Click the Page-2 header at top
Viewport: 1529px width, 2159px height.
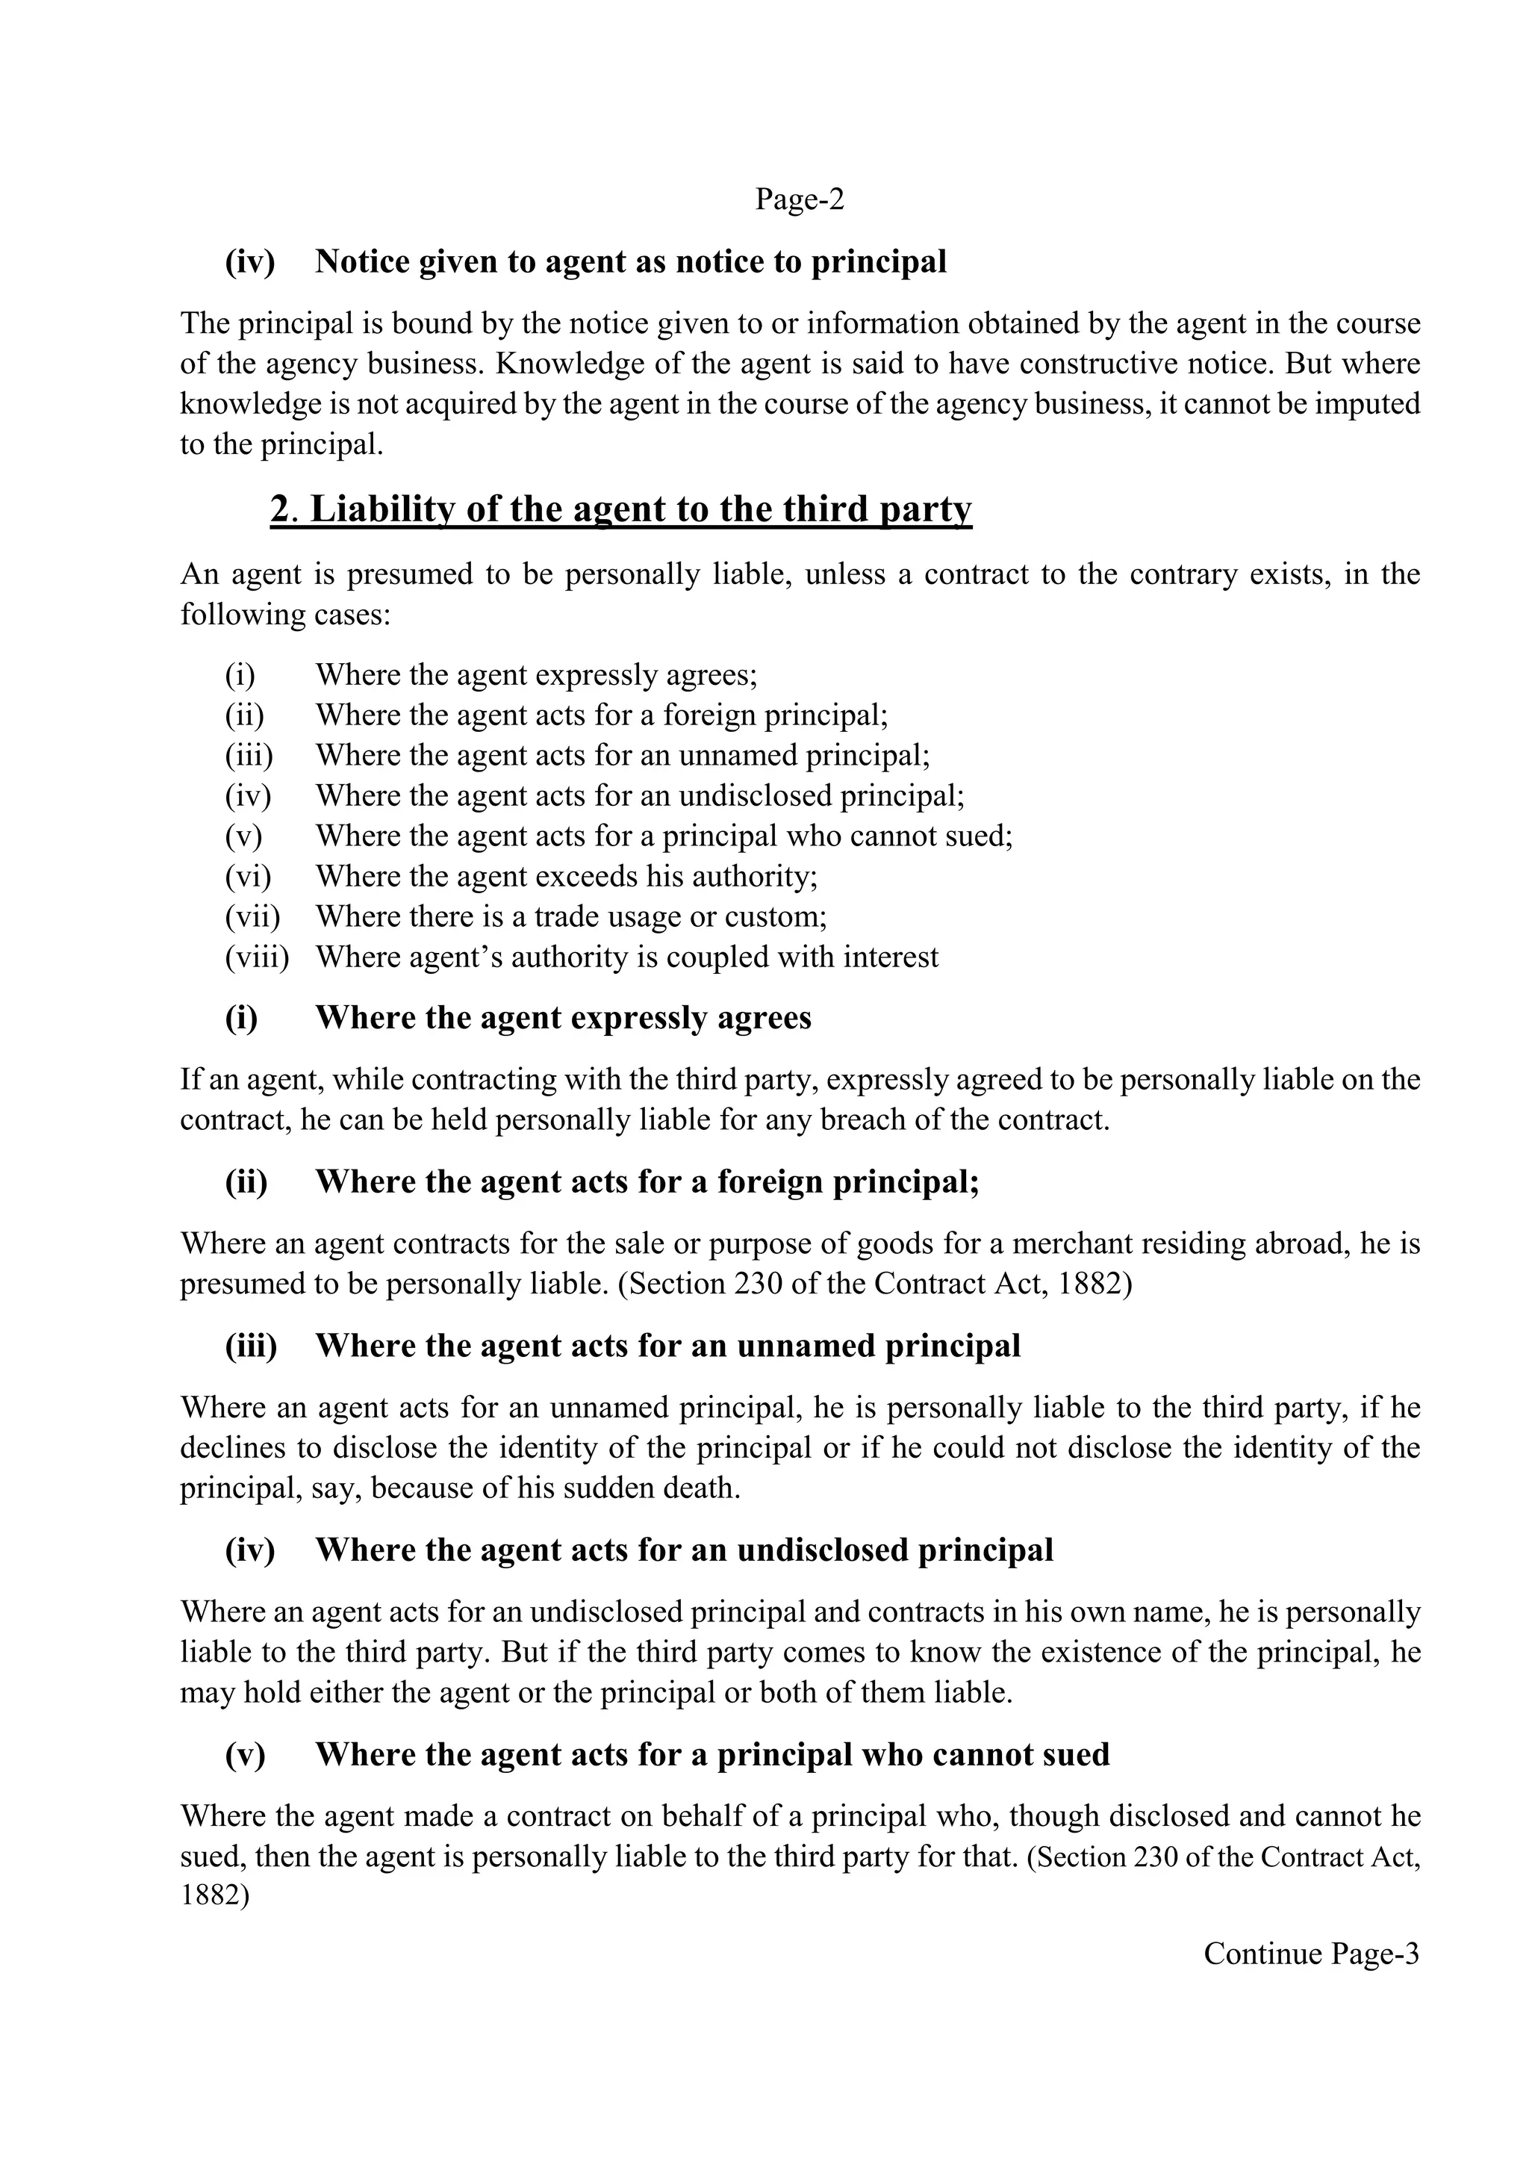800,199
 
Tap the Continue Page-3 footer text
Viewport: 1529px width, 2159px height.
1310,1954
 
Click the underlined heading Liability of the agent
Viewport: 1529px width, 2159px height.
621,509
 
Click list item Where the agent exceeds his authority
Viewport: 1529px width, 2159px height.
566,877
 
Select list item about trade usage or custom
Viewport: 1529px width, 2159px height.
570,917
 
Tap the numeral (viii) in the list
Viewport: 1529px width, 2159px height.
256,957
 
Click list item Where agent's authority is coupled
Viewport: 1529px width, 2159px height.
626,957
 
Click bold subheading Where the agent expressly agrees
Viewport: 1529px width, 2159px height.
562,1019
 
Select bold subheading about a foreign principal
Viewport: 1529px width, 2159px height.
647,1183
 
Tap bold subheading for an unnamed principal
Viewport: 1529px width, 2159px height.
667,1346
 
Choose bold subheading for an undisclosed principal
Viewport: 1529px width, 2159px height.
684,1551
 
